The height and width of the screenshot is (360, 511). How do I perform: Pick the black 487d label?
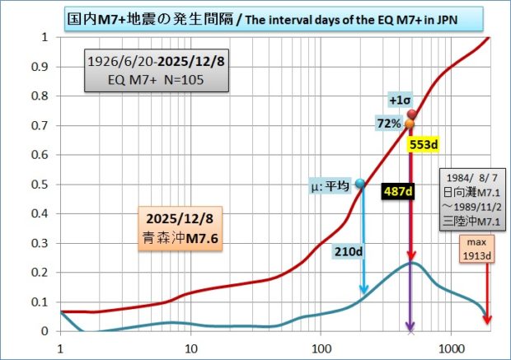coord(397,191)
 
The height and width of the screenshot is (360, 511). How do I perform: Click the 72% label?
coord(390,124)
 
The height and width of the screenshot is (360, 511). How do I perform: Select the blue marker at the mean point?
coord(359,184)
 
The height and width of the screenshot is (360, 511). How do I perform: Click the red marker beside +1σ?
coord(411,115)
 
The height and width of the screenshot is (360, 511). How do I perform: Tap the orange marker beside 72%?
coord(410,124)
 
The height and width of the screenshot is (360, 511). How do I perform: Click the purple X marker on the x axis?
coord(411,331)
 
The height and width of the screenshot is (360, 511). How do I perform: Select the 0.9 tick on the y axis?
coord(43,68)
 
